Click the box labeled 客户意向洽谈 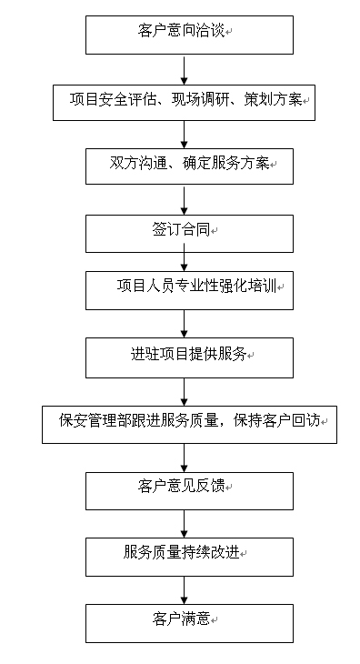190,35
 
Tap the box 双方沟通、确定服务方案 189,166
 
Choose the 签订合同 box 189,232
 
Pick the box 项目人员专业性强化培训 189,290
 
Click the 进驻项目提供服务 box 189,357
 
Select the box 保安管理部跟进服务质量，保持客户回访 189,423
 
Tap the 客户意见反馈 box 189,489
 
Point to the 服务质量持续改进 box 189,556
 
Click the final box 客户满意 189,622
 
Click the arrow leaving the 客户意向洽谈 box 185,67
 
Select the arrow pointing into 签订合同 185,200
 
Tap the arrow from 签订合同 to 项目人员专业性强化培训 185,260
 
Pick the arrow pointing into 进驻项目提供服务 185,323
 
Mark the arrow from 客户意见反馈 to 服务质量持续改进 185,522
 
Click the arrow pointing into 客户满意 185,589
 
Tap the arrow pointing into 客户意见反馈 185,458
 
